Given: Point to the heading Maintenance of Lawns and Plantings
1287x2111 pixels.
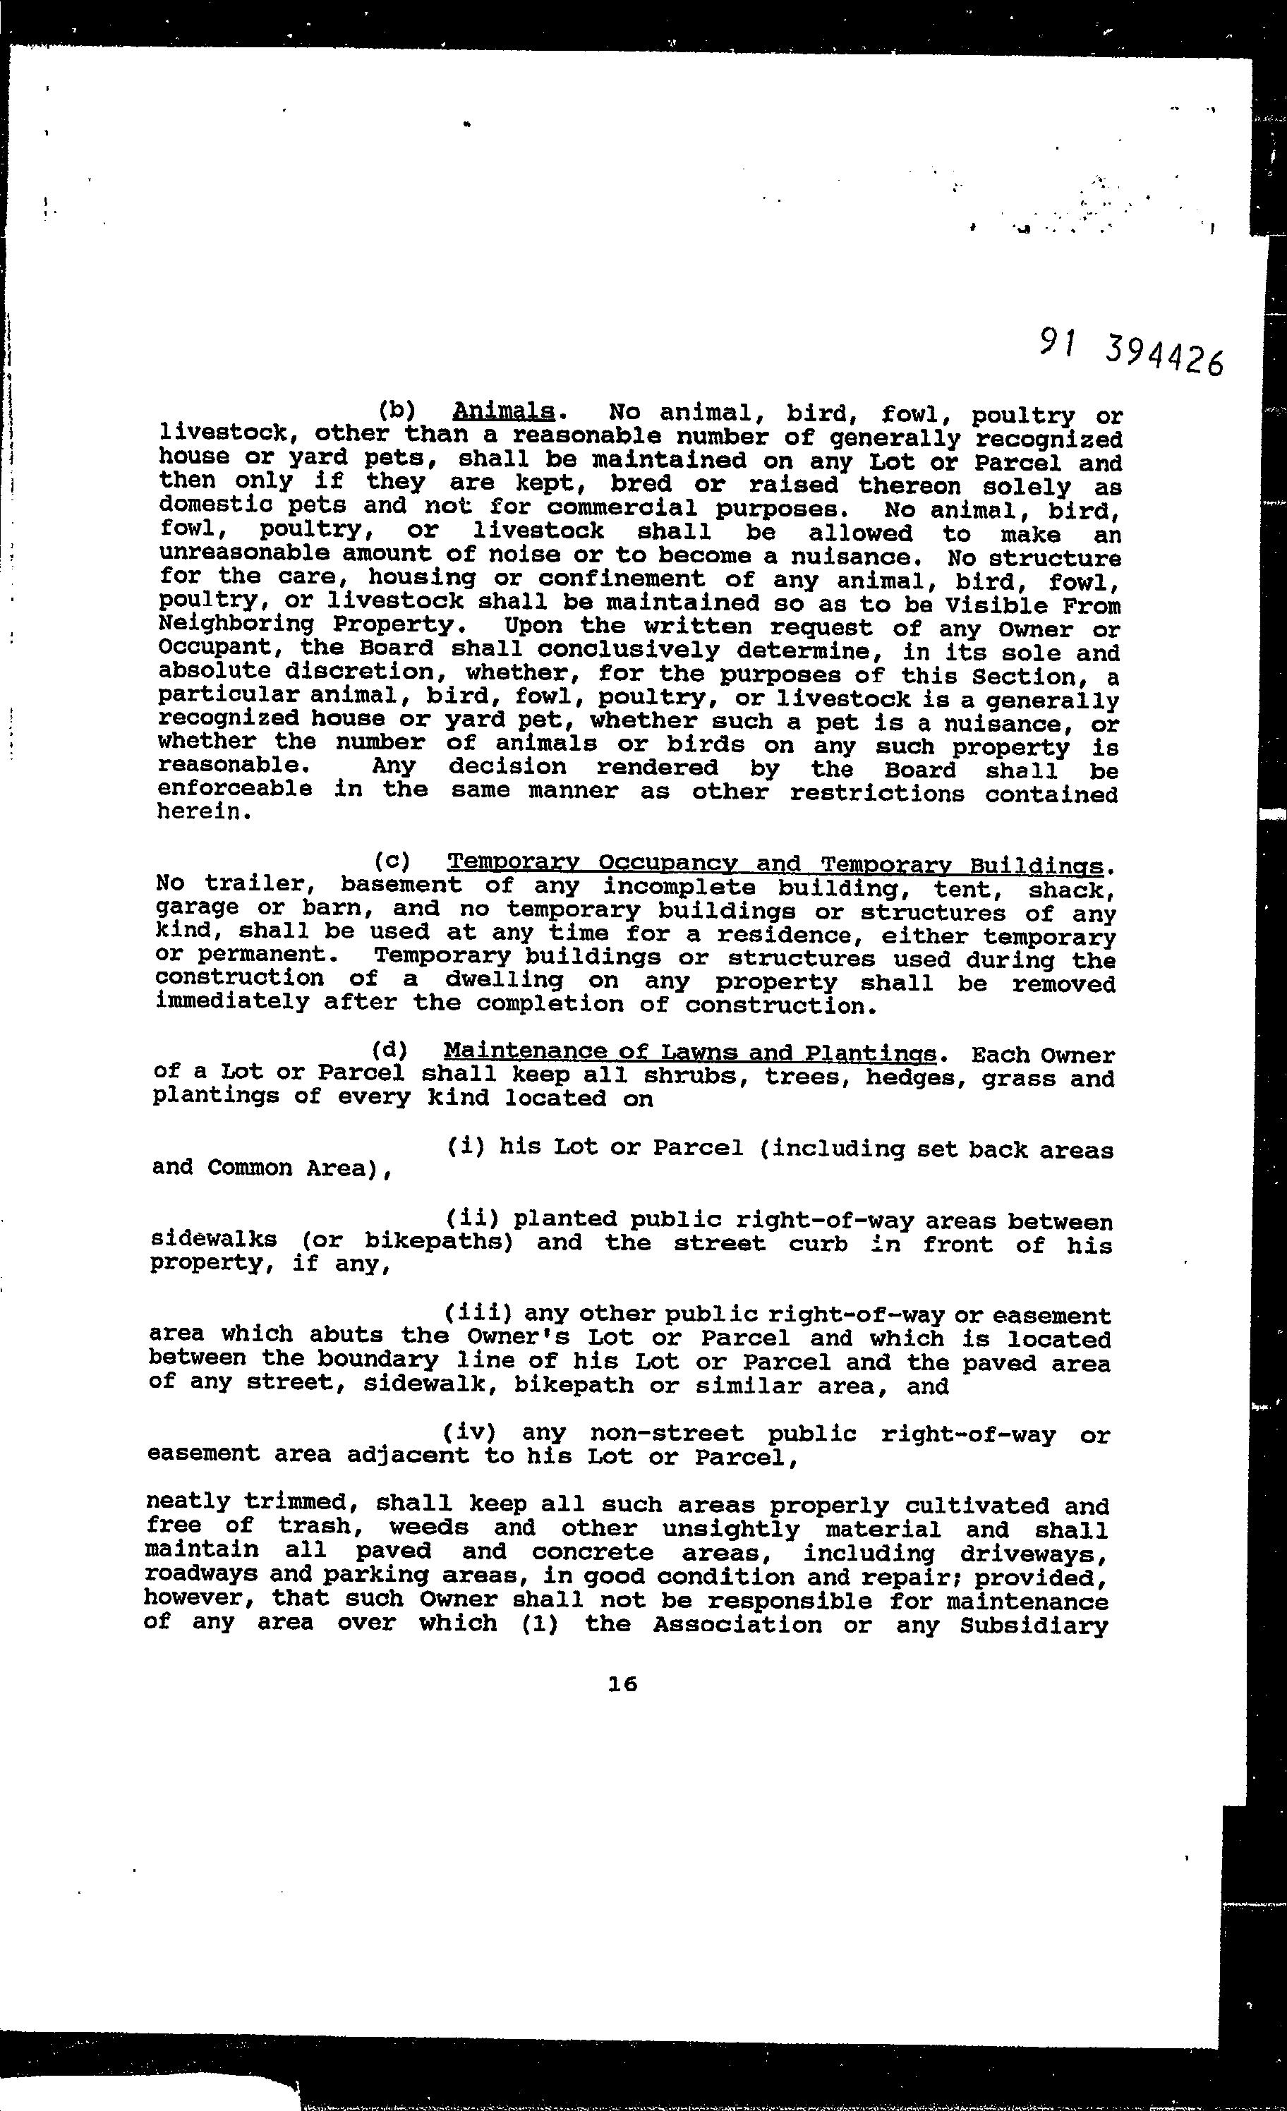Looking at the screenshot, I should click(x=689, y=1052).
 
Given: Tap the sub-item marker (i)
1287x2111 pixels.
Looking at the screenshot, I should click(x=467, y=1147).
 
